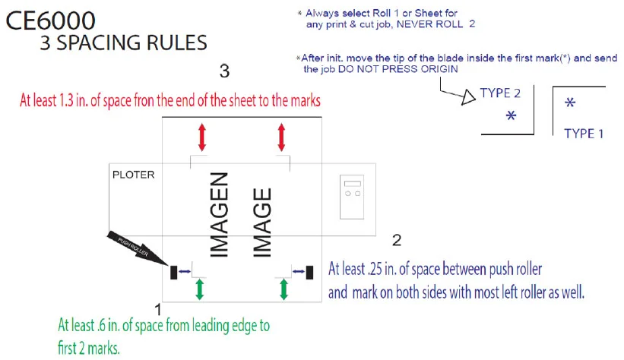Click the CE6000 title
pyautogui.click(x=50, y=21)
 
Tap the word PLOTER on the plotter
pyautogui.click(x=133, y=175)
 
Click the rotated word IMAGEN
pyautogui.click(x=220, y=214)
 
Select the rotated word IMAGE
pyautogui.click(x=262, y=223)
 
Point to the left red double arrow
pyautogui.click(x=201, y=137)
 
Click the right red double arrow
pyautogui.click(x=281, y=137)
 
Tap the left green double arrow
pyautogui.click(x=199, y=289)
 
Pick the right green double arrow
pyautogui.click(x=283, y=289)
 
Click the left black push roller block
pyautogui.click(x=173, y=273)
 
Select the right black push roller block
pyautogui.click(x=309, y=273)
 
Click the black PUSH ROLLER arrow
pyautogui.click(x=138, y=248)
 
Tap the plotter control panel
pyautogui.click(x=352, y=197)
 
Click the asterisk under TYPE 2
pyautogui.click(x=511, y=115)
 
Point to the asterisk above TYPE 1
pyautogui.click(x=570, y=103)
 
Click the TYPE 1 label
pyautogui.click(x=584, y=134)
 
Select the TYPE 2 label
pyautogui.click(x=500, y=93)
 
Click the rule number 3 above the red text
pyautogui.click(x=224, y=71)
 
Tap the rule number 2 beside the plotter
pyautogui.click(x=397, y=240)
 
